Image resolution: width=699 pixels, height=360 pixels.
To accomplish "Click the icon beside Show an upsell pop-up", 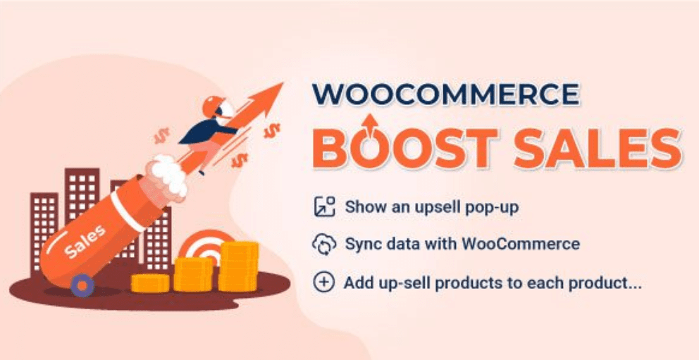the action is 324,207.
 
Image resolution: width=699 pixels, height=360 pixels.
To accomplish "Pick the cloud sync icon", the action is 324,244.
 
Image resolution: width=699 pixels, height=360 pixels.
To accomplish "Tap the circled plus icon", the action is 324,283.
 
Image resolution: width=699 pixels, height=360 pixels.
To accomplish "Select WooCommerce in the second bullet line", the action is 521,244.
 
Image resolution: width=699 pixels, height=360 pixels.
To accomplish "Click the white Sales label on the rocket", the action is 85,242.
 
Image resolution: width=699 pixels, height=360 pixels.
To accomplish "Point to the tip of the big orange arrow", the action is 283,82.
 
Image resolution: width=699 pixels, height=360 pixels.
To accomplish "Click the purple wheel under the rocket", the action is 82,285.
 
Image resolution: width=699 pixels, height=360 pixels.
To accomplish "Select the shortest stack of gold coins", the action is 150,283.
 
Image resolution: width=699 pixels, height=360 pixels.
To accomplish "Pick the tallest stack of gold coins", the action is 239,266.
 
